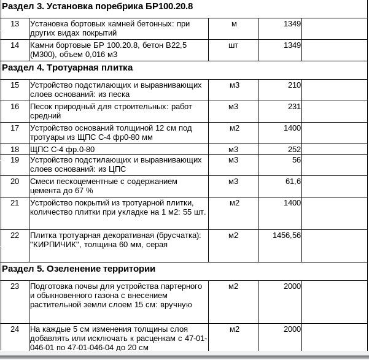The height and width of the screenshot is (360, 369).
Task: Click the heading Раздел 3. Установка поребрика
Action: [x=98, y=7]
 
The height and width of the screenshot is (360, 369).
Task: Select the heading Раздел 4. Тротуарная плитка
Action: [x=68, y=67]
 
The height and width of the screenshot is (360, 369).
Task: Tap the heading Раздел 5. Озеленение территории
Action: [x=79, y=269]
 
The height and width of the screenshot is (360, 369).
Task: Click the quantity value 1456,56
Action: [x=287, y=236]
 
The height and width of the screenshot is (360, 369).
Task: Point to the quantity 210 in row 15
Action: [x=294, y=85]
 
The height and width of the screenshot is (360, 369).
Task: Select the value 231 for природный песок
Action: [x=294, y=107]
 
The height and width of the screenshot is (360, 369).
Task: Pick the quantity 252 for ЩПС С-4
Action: [x=294, y=150]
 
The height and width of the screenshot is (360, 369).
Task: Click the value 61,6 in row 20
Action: [x=293, y=182]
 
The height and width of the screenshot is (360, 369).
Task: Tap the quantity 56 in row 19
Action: [x=297, y=160]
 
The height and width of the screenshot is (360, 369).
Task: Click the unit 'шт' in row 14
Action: [x=233, y=45]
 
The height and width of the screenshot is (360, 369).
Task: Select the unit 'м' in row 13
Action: [x=234, y=24]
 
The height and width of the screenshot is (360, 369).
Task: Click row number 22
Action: [x=15, y=236]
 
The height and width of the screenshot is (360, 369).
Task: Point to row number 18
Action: [x=15, y=150]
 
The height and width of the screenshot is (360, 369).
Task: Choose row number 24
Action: [x=15, y=329]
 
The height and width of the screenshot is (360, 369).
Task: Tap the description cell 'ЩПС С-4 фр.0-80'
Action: [x=63, y=150]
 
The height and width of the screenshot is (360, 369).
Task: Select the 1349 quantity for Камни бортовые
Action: [x=292, y=45]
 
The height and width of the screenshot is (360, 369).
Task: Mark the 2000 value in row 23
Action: [x=292, y=286]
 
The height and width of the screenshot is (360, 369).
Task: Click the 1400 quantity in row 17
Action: [x=292, y=128]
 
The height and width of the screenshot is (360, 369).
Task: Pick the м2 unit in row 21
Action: [x=234, y=203]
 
